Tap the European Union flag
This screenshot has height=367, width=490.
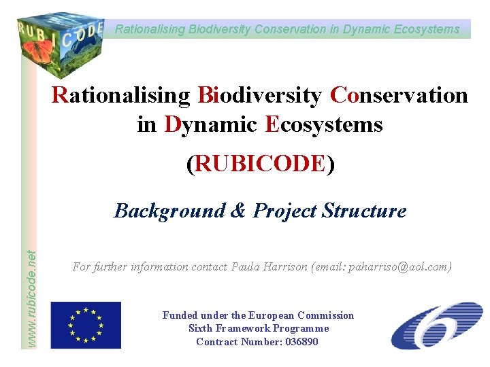86,325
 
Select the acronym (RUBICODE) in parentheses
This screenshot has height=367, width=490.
260,164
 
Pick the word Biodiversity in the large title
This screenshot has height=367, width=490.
259,96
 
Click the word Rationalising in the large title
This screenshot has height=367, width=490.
122,96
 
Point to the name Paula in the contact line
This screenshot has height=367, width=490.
248,267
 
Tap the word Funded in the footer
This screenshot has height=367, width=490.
180,315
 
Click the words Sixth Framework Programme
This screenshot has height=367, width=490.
259,329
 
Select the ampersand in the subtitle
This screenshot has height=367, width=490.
238,211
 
